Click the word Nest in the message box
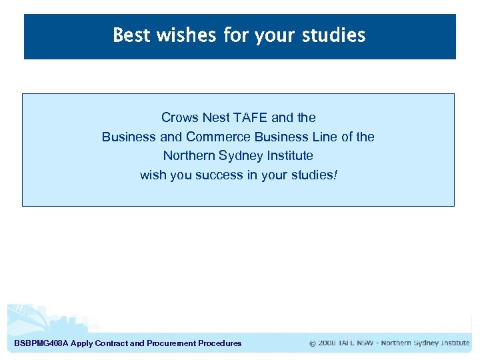click(x=216, y=117)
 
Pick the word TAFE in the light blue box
click(x=251, y=117)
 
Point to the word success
click(x=219, y=175)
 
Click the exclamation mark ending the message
click(x=336, y=175)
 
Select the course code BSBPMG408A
click(x=41, y=343)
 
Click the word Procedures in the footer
click(x=220, y=343)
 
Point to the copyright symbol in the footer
click(x=313, y=343)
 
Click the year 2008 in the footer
click(x=327, y=343)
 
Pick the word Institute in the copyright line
click(x=453, y=343)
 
